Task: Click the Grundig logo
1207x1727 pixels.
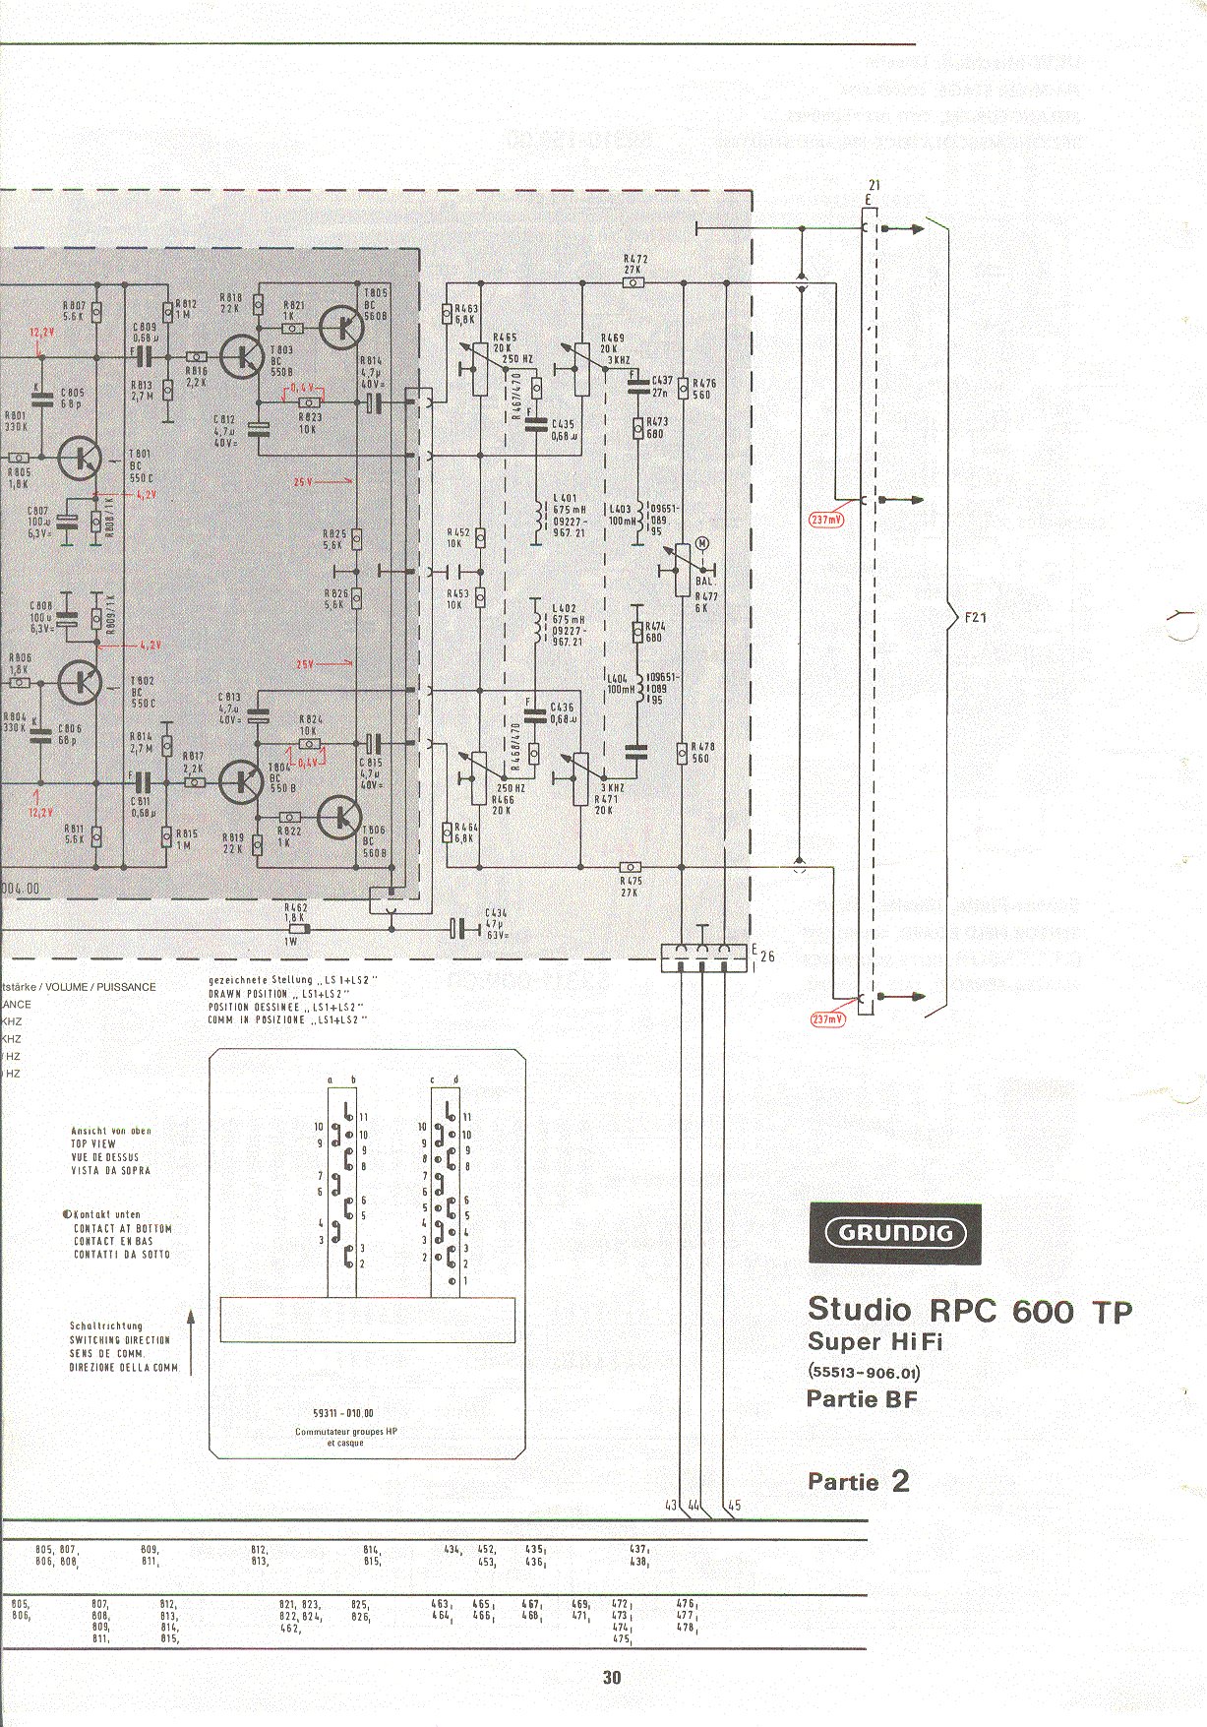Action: pos(895,1233)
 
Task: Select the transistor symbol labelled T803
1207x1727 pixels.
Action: pos(241,356)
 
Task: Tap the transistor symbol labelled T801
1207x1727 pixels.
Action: pos(80,458)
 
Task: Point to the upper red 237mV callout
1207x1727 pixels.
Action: pos(827,520)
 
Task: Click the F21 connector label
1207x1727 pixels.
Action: pos(975,618)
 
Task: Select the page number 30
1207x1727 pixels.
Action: pos(612,1678)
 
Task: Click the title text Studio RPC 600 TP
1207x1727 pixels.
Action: pos(969,1311)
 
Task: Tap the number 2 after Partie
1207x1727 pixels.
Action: pos(900,1481)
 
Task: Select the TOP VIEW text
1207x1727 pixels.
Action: pos(93,1144)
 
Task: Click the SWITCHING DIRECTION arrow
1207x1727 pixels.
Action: pos(191,1341)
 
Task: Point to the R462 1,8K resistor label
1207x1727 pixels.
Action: pos(295,912)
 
